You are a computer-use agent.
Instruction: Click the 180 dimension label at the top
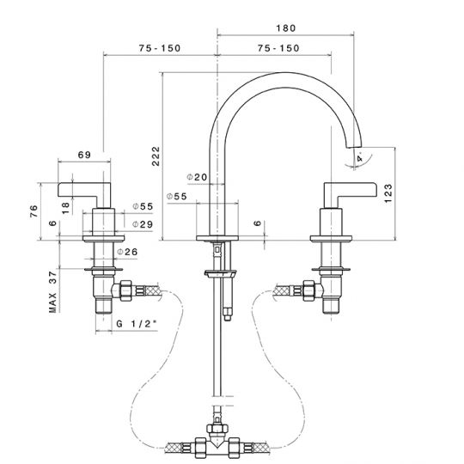point(286,28)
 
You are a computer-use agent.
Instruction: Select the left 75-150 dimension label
point(160,48)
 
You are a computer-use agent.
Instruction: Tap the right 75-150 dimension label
point(278,48)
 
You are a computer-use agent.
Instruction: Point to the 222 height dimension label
point(156,156)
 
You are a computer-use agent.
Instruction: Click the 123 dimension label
point(388,193)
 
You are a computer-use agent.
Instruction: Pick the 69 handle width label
point(84,155)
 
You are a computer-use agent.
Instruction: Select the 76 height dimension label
point(34,211)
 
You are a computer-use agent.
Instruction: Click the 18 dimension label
point(65,208)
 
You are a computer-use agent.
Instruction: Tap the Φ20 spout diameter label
point(197,177)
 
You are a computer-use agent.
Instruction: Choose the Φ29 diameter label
point(143,224)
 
